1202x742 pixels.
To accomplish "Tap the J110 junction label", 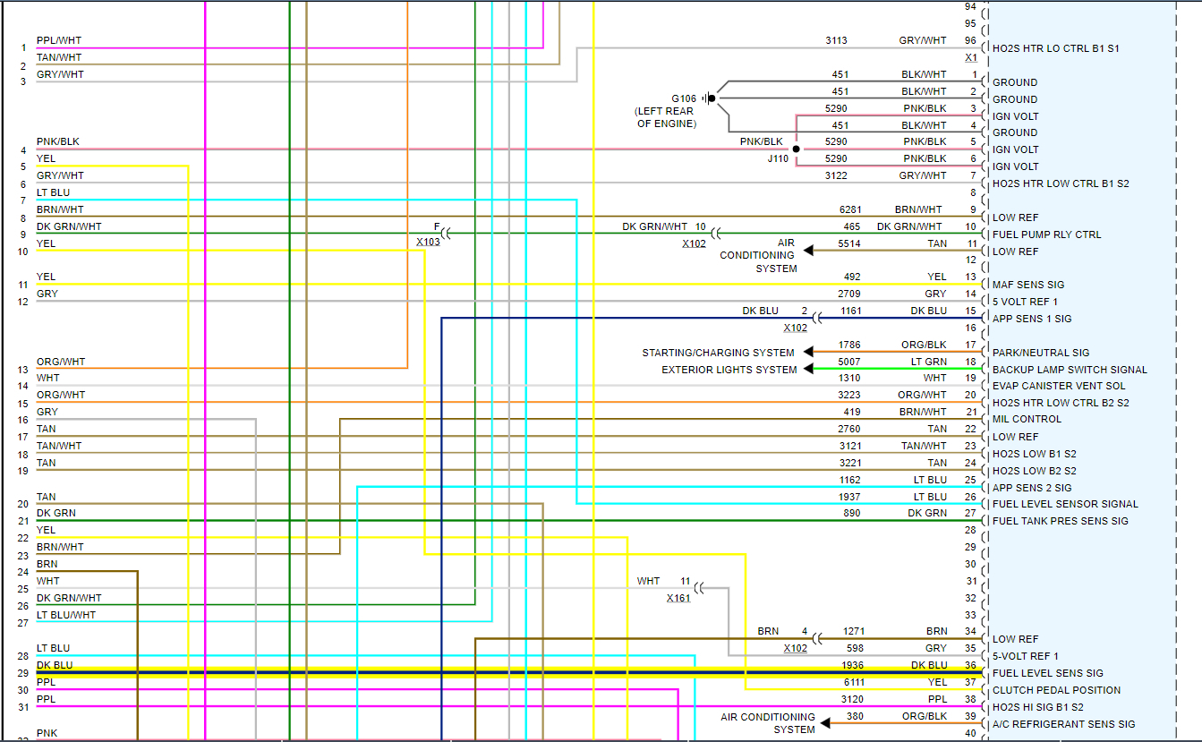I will click(x=778, y=158).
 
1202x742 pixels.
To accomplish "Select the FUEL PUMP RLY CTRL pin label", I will click(x=1046, y=235).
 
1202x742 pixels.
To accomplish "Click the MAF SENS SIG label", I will click(x=1028, y=285).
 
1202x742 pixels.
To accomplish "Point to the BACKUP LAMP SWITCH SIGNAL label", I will click(x=1070, y=370).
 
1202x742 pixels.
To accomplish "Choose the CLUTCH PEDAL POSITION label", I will click(x=1056, y=690).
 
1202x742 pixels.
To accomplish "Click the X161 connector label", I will click(x=678, y=598).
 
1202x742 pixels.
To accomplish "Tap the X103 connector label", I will click(x=428, y=242).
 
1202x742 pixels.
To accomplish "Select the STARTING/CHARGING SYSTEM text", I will click(x=718, y=353).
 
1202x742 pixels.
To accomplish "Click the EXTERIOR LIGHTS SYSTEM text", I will click(x=729, y=370).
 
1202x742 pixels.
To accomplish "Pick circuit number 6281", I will click(x=850, y=209).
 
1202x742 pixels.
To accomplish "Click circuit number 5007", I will click(x=850, y=362).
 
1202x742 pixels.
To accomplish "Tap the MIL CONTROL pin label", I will click(x=1027, y=419).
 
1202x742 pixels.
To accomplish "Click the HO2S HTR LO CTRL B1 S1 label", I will click(x=1055, y=48).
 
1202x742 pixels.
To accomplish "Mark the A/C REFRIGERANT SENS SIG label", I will click(x=1063, y=724).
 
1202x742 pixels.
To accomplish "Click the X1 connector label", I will click(x=970, y=57).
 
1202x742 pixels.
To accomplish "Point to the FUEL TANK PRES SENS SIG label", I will click(x=1060, y=521).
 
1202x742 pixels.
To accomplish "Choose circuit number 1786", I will click(x=850, y=345).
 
